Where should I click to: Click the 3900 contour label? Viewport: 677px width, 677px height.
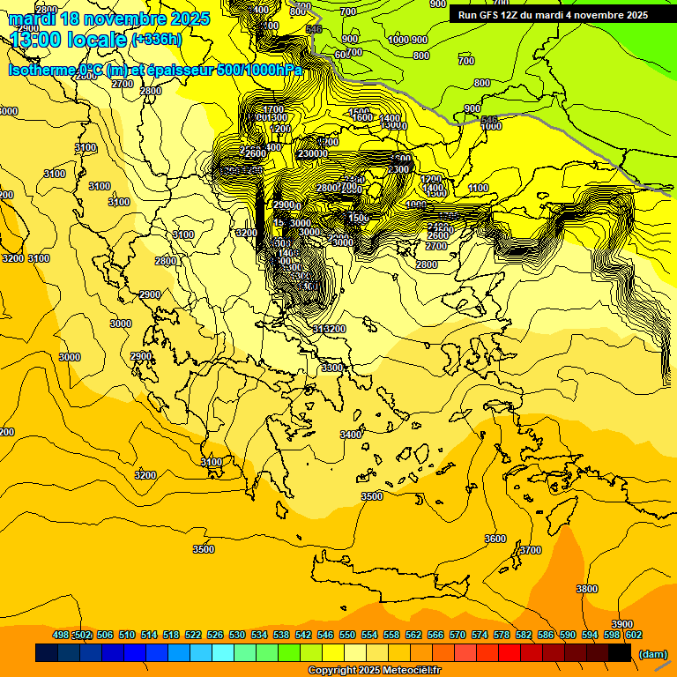tap(621, 624)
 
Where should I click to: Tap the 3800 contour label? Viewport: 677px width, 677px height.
tap(586, 589)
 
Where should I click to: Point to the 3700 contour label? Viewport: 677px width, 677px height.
tap(530, 550)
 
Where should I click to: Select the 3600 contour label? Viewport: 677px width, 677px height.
tap(495, 539)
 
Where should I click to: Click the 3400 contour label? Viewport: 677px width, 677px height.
tap(351, 435)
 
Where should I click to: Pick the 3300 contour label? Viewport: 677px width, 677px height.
tap(332, 368)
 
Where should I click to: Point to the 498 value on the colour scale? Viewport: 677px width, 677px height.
tap(61, 635)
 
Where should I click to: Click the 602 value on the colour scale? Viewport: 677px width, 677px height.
tap(633, 635)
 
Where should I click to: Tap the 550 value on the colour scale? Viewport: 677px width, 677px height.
tap(346, 635)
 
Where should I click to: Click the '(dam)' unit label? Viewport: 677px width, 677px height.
tap(652, 653)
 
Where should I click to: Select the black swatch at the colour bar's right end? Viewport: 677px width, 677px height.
tap(620, 653)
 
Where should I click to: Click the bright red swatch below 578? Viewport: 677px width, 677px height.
tap(510, 653)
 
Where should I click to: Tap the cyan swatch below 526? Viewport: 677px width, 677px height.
tap(223, 653)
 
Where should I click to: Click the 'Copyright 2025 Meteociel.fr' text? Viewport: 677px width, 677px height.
tap(374, 671)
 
